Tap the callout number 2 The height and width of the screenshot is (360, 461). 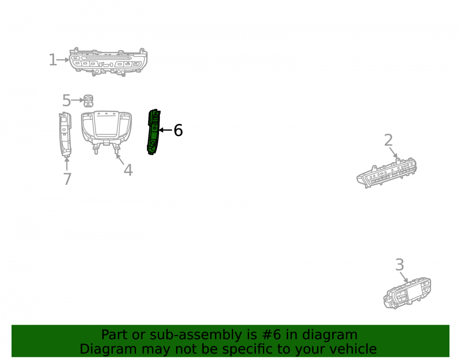[x=388, y=140]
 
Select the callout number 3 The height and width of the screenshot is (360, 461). [x=400, y=265]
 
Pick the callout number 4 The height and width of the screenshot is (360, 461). [x=128, y=170]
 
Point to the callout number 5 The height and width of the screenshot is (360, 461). [x=66, y=100]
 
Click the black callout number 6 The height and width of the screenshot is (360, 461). [x=178, y=130]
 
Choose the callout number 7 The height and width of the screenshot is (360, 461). [x=67, y=179]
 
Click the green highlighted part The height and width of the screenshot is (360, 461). [x=154, y=132]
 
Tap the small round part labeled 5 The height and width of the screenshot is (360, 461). [x=88, y=101]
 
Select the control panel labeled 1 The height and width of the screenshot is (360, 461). [x=108, y=62]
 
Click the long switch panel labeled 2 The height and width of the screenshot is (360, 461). [x=387, y=173]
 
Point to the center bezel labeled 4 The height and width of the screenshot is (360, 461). [x=106, y=131]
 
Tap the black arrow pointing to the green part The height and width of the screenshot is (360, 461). [x=165, y=130]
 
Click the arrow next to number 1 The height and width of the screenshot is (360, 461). [x=63, y=59]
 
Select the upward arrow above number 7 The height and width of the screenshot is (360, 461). [x=67, y=164]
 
